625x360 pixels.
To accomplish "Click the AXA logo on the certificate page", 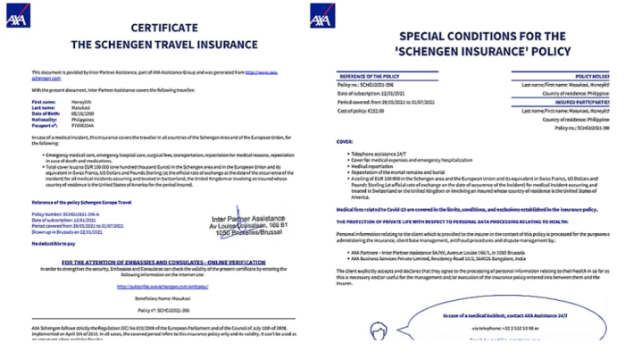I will point(17,16).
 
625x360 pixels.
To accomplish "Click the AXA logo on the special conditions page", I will point(322,16).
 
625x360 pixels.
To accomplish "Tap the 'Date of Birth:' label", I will point(33,115).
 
